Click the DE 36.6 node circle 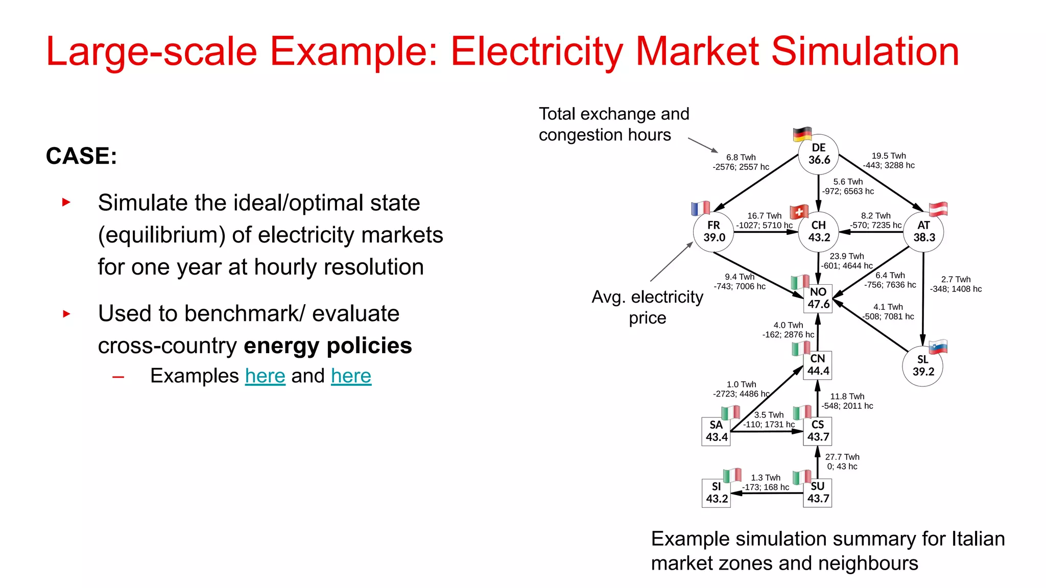[819, 154]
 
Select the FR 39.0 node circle [714, 232]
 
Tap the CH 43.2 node [819, 232]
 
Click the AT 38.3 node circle [923, 232]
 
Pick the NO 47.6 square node [818, 299]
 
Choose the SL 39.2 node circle [922, 366]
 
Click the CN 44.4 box [818, 365]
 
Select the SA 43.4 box [717, 431]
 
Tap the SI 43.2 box [717, 493]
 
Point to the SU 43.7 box [818, 493]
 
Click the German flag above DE [802, 134]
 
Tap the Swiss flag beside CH [799, 212]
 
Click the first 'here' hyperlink [265, 376]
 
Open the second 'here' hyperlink [351, 376]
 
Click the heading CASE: [81, 156]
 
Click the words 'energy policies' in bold [328, 346]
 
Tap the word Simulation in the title [865, 52]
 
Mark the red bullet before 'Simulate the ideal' [66, 202]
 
